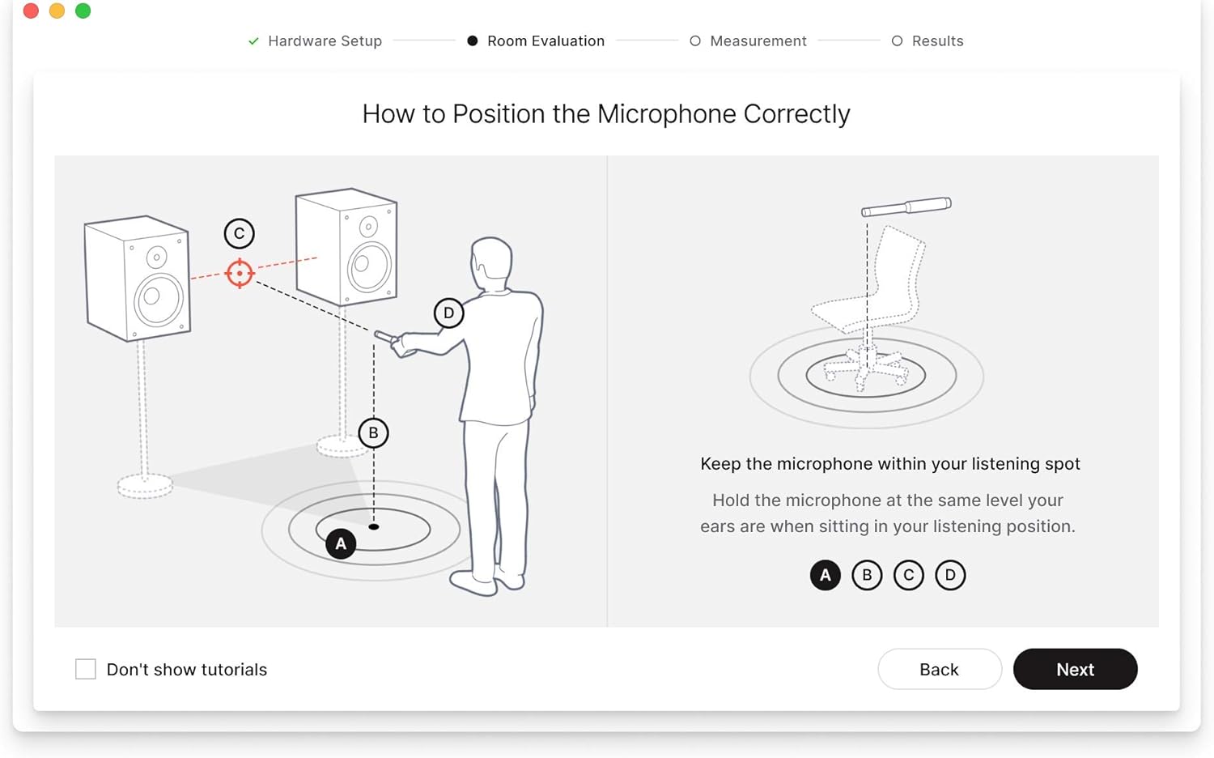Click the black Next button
pyautogui.click(x=1075, y=669)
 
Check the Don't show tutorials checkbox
pyautogui.click(x=86, y=669)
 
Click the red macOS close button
pyautogui.click(x=31, y=11)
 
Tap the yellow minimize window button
pyautogui.click(x=57, y=11)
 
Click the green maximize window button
pyautogui.click(x=83, y=11)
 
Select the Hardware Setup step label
pyautogui.click(x=324, y=40)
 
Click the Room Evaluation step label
pyautogui.click(x=545, y=40)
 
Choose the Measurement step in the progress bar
pyautogui.click(x=758, y=40)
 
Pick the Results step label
pyautogui.click(x=936, y=40)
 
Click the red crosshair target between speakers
pyautogui.click(x=240, y=273)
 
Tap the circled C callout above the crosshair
pyautogui.click(x=239, y=233)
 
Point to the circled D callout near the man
pyautogui.click(x=448, y=313)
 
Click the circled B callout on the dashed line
pyautogui.click(x=373, y=432)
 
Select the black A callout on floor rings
pyautogui.click(x=341, y=543)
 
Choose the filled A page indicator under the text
pyautogui.click(x=825, y=575)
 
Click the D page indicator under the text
pyautogui.click(x=950, y=575)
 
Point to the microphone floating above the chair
pyautogui.click(x=906, y=207)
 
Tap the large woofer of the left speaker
pyautogui.click(x=159, y=299)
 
